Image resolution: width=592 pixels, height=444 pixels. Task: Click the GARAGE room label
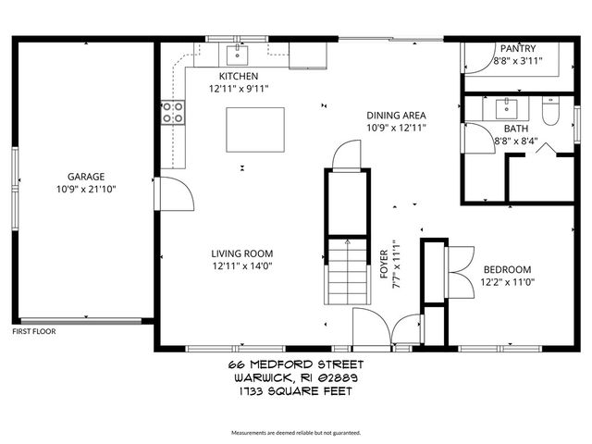pos(85,176)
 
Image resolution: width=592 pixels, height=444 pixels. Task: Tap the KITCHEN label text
pos(238,76)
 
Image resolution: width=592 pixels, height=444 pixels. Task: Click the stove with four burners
pos(172,113)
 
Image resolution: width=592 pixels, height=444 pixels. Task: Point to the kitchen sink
pos(239,51)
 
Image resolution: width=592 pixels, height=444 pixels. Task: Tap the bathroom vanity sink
pos(507,105)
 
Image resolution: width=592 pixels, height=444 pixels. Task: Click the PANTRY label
pos(517,49)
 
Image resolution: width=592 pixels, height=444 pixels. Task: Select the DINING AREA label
pos(396,115)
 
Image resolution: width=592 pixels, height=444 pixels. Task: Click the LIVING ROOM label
pos(241,253)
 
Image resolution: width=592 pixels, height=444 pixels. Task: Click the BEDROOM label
pos(507,269)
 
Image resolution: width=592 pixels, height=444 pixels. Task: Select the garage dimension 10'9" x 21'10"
pos(85,189)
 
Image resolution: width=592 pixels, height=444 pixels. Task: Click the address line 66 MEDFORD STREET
pos(296,365)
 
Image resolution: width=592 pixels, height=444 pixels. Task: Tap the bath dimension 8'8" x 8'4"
pos(515,142)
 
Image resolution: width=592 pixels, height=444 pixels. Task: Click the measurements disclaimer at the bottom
pos(296,433)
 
